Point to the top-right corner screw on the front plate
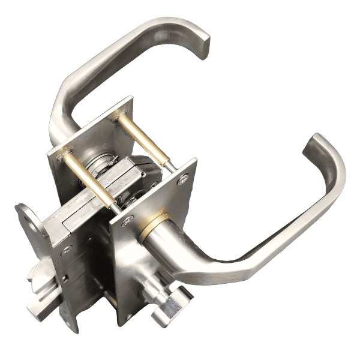point(183,178)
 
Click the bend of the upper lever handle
point(63,102)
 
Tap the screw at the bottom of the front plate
point(127,314)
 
